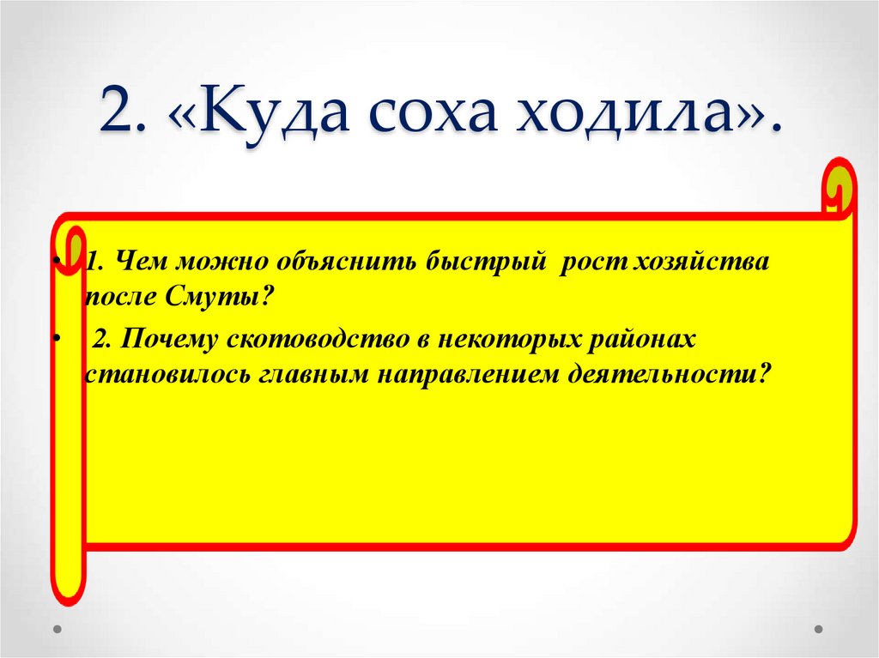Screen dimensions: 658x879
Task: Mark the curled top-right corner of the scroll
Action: click(x=838, y=184)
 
